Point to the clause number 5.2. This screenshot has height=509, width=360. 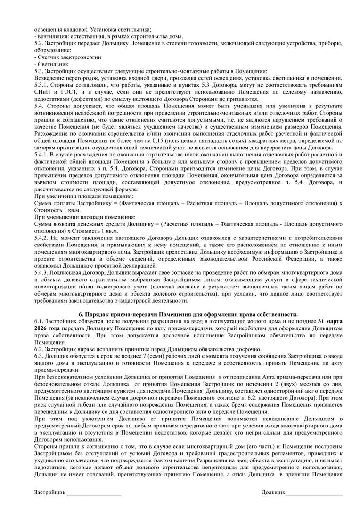(39, 44)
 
